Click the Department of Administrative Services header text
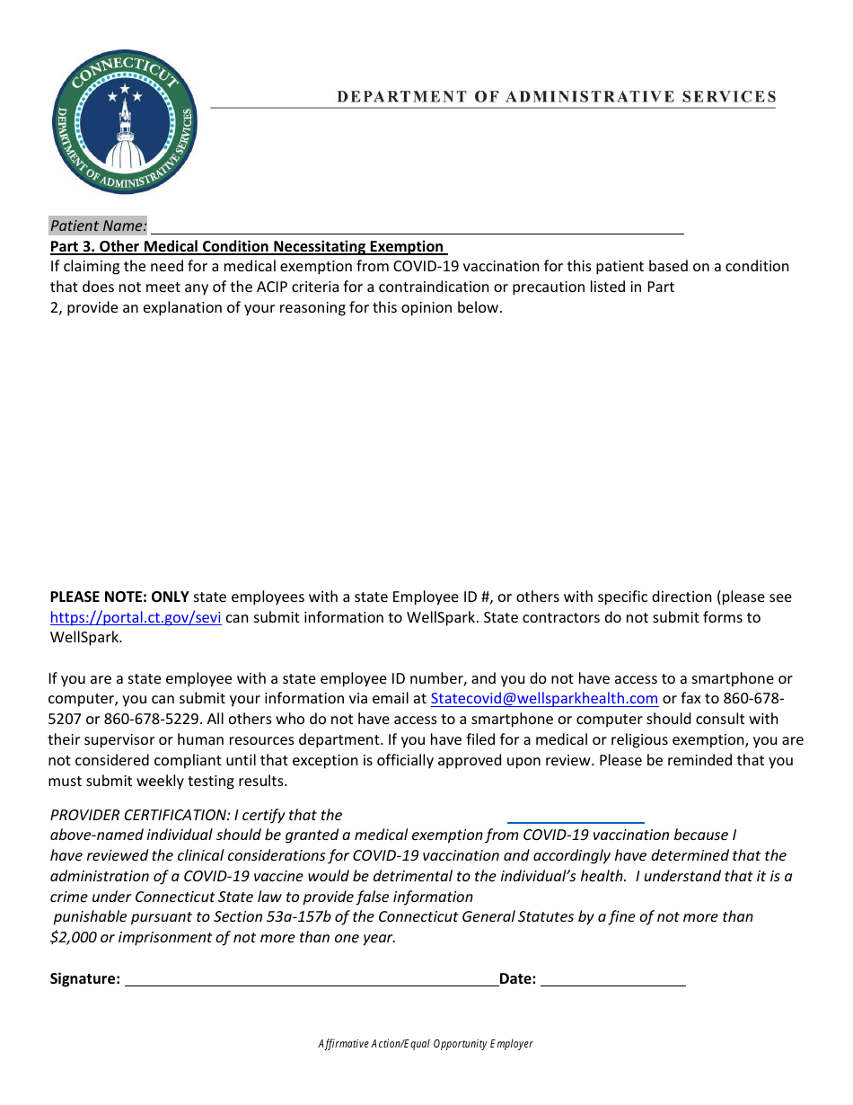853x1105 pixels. pyautogui.click(x=556, y=97)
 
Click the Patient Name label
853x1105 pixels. pyautogui.click(x=98, y=225)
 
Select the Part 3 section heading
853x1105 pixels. pyautogui.click(x=247, y=246)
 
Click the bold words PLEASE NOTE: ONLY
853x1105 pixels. pyautogui.click(x=119, y=597)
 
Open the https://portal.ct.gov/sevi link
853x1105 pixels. pyautogui.click(x=136, y=617)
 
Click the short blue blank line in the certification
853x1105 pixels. pyautogui.click(x=576, y=820)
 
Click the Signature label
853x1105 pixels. pyautogui.click(x=85, y=979)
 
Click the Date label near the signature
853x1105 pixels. pyautogui.click(x=517, y=979)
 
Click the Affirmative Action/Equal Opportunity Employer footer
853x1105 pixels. pyautogui.click(x=426, y=1044)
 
